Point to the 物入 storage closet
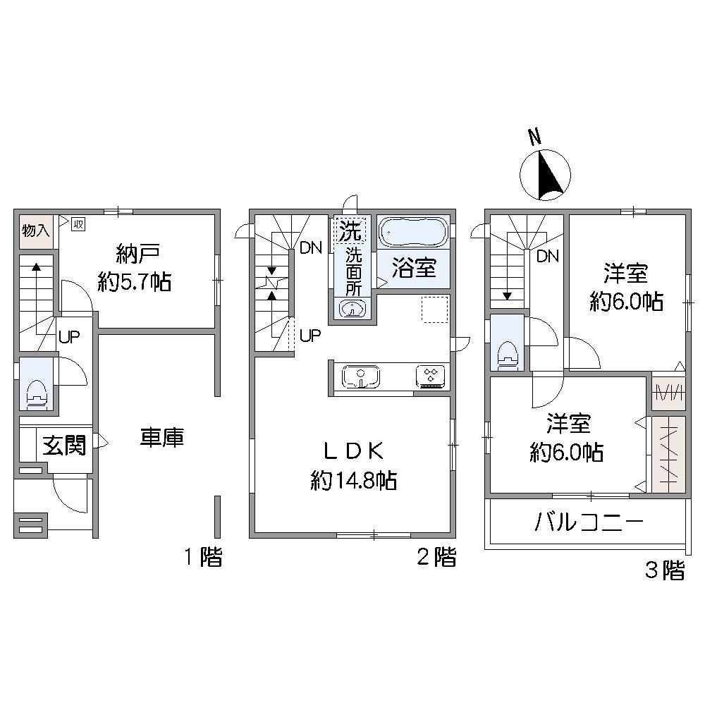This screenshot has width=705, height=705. (x=35, y=231)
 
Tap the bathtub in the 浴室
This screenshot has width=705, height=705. (x=413, y=232)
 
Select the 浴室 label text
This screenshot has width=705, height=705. (x=413, y=269)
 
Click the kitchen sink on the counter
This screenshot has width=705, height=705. (x=361, y=376)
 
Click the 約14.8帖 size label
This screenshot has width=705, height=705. (x=352, y=481)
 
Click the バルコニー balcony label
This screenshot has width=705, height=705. (x=589, y=522)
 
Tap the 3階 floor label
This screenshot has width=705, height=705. (x=664, y=570)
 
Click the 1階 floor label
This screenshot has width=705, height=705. (x=203, y=558)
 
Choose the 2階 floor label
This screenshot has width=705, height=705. (x=436, y=558)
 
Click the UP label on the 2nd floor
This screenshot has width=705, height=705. (x=310, y=336)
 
